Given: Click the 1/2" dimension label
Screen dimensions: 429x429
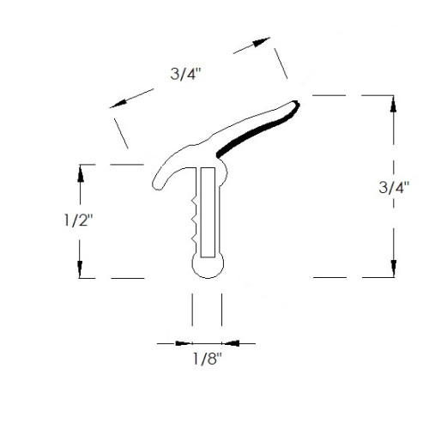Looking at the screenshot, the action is click(x=78, y=221).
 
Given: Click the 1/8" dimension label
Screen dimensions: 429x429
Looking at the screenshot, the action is click(x=208, y=359).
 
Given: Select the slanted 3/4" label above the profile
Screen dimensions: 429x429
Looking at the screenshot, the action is click(x=186, y=74).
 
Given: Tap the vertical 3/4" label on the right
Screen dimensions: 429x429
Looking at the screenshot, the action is click(x=394, y=188).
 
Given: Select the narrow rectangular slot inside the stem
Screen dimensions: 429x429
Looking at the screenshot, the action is click(x=208, y=212).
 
